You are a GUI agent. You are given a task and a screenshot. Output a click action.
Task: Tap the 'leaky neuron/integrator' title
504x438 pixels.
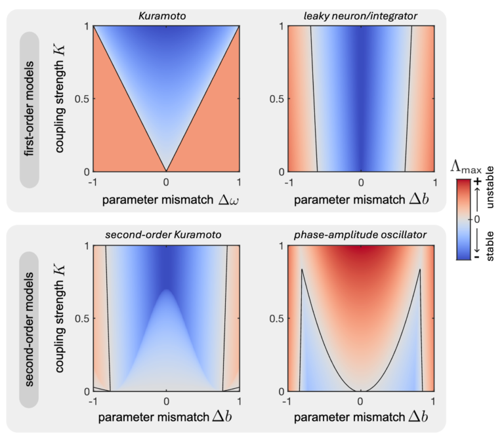[360, 15]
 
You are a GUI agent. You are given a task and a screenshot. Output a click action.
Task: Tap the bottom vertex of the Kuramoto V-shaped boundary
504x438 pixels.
[167, 171]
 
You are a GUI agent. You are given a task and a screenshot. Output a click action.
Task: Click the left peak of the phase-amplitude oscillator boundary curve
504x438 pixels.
[302, 269]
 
